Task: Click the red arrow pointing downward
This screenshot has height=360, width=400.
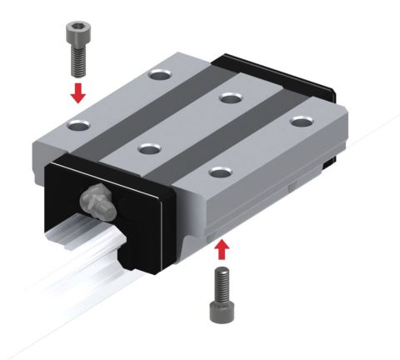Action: tap(77, 91)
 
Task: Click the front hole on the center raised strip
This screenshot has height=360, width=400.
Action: tap(148, 149)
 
